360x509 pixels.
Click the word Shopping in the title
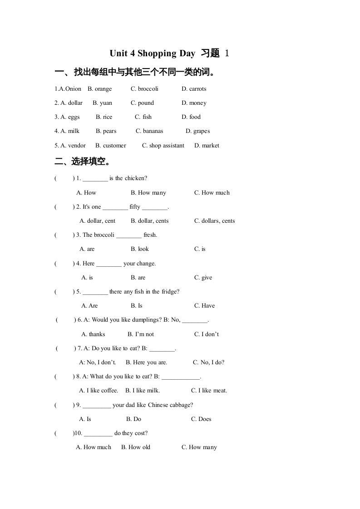pyautogui.click(x=157, y=54)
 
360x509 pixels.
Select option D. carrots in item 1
pyautogui.click(x=194, y=89)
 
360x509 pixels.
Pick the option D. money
pyautogui.click(x=194, y=103)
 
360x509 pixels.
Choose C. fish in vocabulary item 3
pyautogui.click(x=143, y=117)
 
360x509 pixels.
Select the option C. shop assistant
pyautogui.click(x=163, y=146)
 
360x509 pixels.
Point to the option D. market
pyautogui.click(x=207, y=146)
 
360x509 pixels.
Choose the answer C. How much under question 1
pyautogui.click(x=212, y=193)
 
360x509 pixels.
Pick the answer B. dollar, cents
pyautogui.click(x=149, y=221)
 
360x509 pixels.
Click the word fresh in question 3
pyautogui.click(x=150, y=235)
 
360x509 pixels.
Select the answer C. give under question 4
pyautogui.click(x=203, y=278)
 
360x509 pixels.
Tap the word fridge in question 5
pyautogui.click(x=168, y=292)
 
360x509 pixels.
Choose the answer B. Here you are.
pyautogui.click(x=146, y=362)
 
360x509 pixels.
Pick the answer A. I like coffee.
pyautogui.click(x=99, y=391)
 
